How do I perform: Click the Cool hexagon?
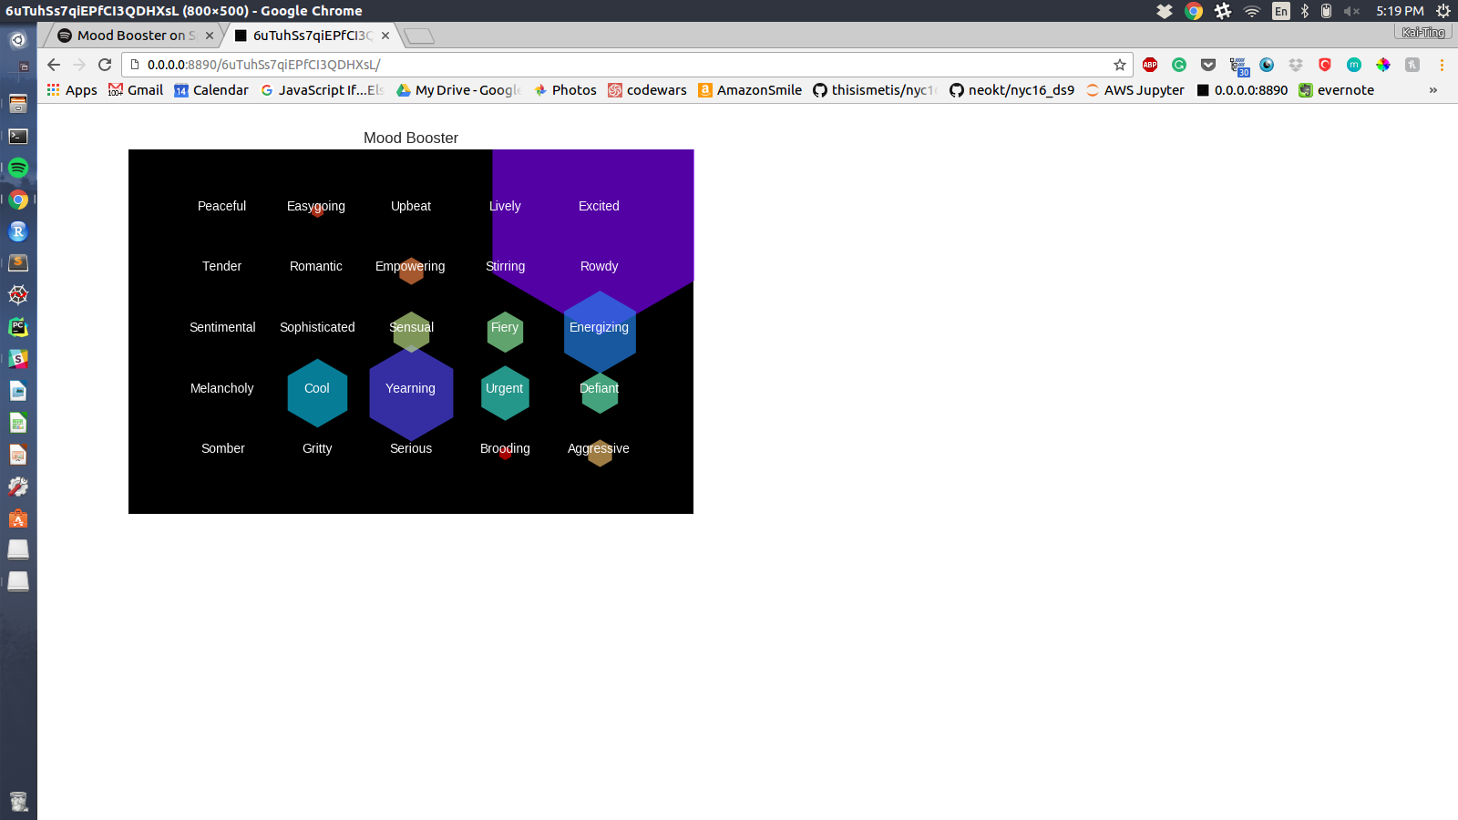coord(317,393)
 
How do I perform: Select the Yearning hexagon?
coord(411,394)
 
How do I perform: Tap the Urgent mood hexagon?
coord(505,393)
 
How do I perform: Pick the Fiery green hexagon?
coord(505,331)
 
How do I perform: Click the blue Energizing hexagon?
coord(600,332)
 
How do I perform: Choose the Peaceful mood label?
coord(221,206)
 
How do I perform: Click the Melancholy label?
coord(221,388)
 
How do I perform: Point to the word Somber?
coord(222,448)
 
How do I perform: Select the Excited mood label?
coord(599,206)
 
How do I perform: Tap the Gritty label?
coord(317,448)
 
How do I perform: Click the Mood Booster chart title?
coord(411,138)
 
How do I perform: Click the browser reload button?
coord(105,65)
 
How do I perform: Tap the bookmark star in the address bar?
coord(1120,65)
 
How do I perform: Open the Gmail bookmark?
coord(136,90)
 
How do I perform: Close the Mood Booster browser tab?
coord(210,36)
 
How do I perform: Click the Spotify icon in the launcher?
coord(18,168)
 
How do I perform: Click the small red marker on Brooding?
coord(506,454)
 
